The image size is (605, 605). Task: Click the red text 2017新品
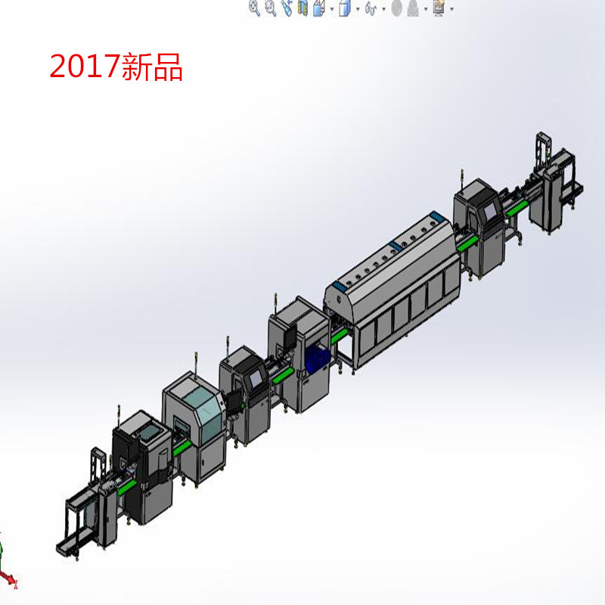pyautogui.click(x=116, y=67)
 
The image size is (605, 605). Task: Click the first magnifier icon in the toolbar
pyautogui.click(x=254, y=8)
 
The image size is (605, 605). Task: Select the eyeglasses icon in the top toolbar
pyautogui.click(x=371, y=8)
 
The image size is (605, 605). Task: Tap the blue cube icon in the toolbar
pyautogui.click(x=344, y=8)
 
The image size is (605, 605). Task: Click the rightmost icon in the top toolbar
pyautogui.click(x=438, y=8)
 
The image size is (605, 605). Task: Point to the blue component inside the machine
pyautogui.click(x=317, y=354)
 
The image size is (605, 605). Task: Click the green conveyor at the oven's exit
pyautogui.click(x=467, y=242)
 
